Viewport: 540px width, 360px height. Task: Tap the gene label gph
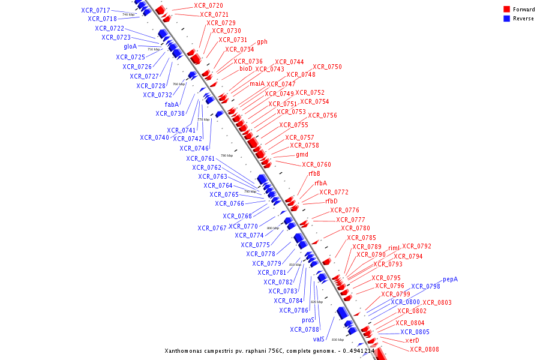tap(262, 42)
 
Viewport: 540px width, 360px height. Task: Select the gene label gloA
tap(130, 46)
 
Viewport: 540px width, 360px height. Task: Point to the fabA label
tap(172, 104)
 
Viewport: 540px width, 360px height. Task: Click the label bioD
tap(246, 68)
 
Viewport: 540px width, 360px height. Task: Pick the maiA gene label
tap(257, 84)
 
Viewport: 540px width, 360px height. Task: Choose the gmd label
tap(302, 155)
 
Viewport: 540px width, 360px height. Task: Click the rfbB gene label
tap(314, 174)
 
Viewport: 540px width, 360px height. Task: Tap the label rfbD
tap(331, 202)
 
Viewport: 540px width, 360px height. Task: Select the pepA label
tap(450, 280)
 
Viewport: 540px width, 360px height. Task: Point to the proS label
tap(308, 320)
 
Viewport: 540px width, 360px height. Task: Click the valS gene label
tap(319, 340)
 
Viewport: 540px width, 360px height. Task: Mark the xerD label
tap(412, 341)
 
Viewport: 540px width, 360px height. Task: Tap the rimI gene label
tap(394, 248)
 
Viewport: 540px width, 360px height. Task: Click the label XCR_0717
tap(96, 11)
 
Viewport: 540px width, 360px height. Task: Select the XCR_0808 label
tap(424, 350)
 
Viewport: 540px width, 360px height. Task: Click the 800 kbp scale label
tap(273, 228)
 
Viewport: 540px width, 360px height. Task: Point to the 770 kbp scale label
tap(203, 119)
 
